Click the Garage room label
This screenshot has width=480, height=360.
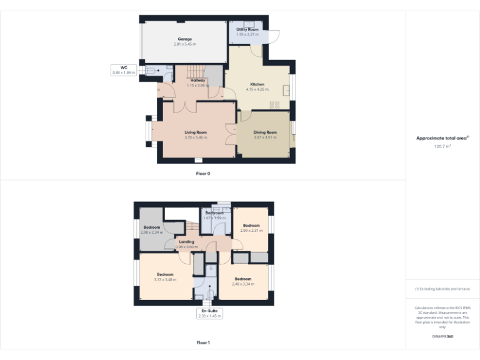coord(184,39)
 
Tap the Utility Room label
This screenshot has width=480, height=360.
coord(247,29)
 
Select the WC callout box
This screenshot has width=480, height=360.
coord(124,70)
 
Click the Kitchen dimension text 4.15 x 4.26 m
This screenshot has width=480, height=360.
coord(257,89)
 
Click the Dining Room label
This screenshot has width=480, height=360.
coord(265,132)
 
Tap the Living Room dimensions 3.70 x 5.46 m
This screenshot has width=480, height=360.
coord(196,137)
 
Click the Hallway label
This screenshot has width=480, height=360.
coord(198,80)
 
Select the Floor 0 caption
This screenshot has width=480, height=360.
coord(203,173)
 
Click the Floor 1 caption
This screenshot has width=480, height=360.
coord(203,342)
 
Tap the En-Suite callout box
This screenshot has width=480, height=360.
coord(209,314)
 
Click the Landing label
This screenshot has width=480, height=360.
coord(186,242)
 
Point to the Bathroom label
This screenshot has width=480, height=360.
coord(214,212)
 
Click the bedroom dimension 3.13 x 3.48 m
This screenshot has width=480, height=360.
coord(165,279)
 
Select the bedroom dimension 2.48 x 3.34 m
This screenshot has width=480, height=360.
coord(242,283)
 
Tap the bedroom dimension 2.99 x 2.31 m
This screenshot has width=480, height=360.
coord(251,230)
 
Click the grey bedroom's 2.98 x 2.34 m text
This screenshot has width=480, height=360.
coord(152,232)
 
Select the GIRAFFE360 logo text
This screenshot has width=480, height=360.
coord(442,337)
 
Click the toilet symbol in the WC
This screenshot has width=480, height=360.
coord(152,71)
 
